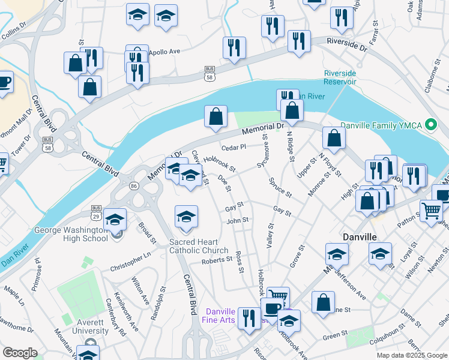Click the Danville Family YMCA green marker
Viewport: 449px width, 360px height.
pyautogui.click(x=430, y=125)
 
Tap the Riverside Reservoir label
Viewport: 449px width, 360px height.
pyautogui.click(x=340, y=77)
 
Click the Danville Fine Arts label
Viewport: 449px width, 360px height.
pyautogui.click(x=228, y=316)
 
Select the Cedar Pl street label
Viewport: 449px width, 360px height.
pyautogui.click(x=234, y=146)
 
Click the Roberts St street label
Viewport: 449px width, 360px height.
pyautogui.click(x=217, y=260)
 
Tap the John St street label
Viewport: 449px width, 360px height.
pyautogui.click(x=237, y=221)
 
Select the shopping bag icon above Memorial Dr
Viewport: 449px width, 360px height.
pyautogui.click(x=215, y=116)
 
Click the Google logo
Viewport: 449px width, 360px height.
pyautogui.click(x=20, y=353)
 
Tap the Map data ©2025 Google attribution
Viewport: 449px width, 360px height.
pyautogui.click(x=411, y=355)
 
